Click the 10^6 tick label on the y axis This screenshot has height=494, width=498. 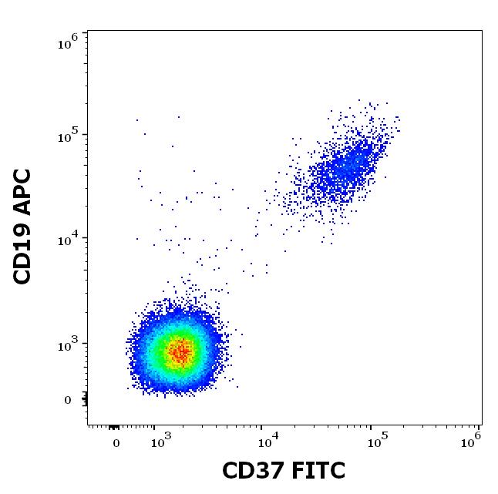click(x=69, y=42)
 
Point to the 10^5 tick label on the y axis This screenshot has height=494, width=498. click(x=69, y=136)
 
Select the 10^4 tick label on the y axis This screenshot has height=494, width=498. click(x=69, y=240)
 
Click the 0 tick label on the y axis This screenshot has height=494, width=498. click(x=68, y=400)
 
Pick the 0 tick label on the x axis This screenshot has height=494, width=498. click(x=116, y=443)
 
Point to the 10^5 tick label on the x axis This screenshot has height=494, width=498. click(x=374, y=442)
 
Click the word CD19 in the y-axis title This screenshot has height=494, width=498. click(x=23, y=250)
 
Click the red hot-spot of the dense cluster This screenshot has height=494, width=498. click(x=180, y=352)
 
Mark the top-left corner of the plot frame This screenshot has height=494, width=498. click(x=87, y=31)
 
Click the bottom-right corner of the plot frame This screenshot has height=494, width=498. click(x=482, y=425)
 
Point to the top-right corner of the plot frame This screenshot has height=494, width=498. click(x=482, y=31)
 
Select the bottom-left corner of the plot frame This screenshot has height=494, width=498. click(x=87, y=425)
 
